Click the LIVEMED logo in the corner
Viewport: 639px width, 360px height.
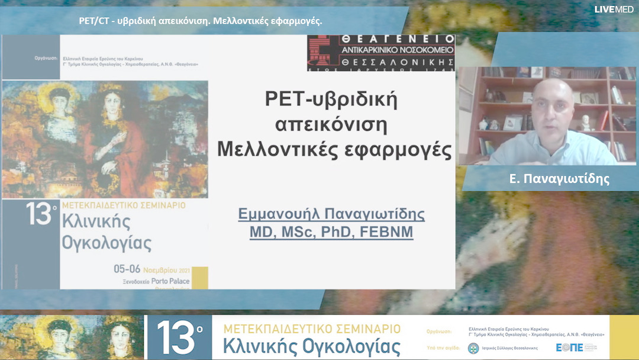[614, 9]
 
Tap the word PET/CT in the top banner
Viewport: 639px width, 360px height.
[92, 21]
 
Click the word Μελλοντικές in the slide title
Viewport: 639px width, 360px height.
[267, 149]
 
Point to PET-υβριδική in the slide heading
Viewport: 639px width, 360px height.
[331, 99]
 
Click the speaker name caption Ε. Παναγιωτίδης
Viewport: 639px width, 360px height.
[550, 178]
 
